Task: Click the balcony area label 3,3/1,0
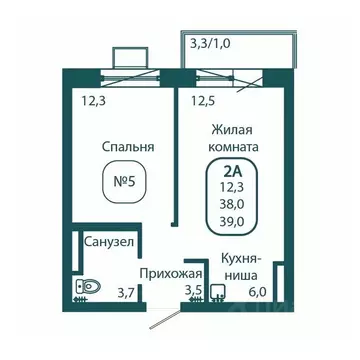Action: click(219, 43)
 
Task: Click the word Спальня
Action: click(128, 147)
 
